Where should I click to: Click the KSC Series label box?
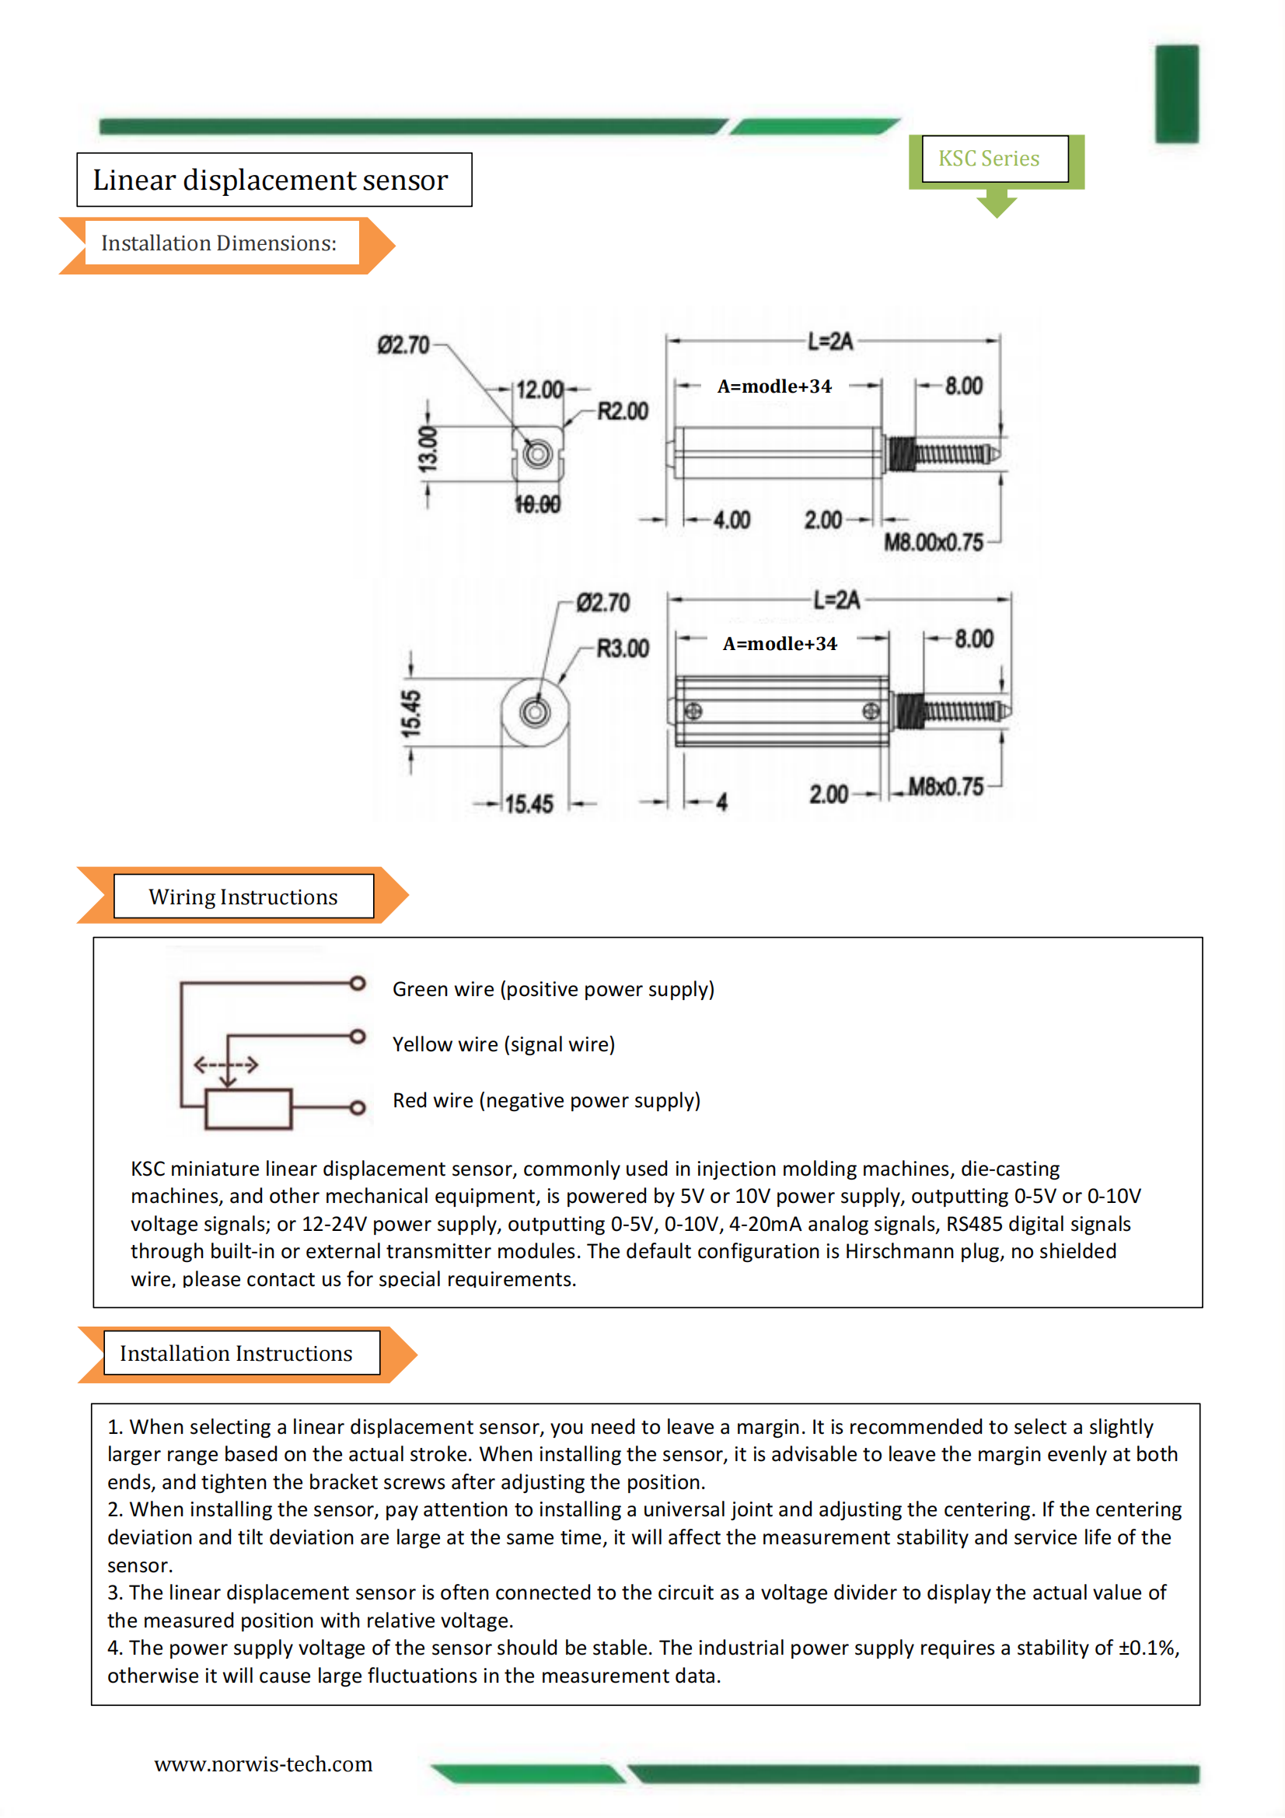click(994, 159)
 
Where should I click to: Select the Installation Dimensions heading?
click(218, 243)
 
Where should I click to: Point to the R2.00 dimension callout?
click(623, 411)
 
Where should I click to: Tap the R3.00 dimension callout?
click(623, 649)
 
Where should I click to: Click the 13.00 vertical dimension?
click(428, 449)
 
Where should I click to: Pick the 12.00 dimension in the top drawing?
click(539, 390)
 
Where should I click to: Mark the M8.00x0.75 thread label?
click(934, 543)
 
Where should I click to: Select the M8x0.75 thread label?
click(945, 786)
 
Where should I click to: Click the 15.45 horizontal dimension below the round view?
click(529, 805)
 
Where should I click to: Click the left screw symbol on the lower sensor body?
click(693, 711)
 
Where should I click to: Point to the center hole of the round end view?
click(535, 712)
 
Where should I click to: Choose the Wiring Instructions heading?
click(243, 897)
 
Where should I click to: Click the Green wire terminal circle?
click(358, 984)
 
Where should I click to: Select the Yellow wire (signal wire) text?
click(504, 1044)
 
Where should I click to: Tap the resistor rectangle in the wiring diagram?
click(249, 1109)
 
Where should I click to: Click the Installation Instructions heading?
click(236, 1353)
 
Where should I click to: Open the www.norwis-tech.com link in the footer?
click(263, 1764)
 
